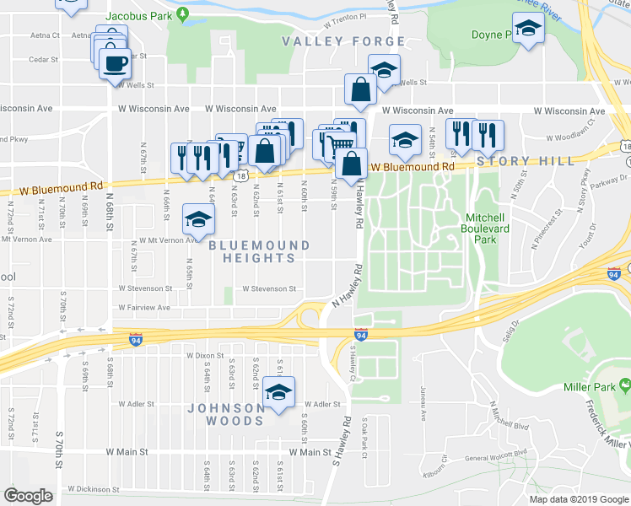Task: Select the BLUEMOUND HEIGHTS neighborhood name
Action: point(259,251)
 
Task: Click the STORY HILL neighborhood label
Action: point(526,161)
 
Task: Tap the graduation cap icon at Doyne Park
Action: point(528,30)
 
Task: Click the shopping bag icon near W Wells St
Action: point(360,89)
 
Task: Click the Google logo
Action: point(29,496)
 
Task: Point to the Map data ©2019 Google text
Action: point(580,499)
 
